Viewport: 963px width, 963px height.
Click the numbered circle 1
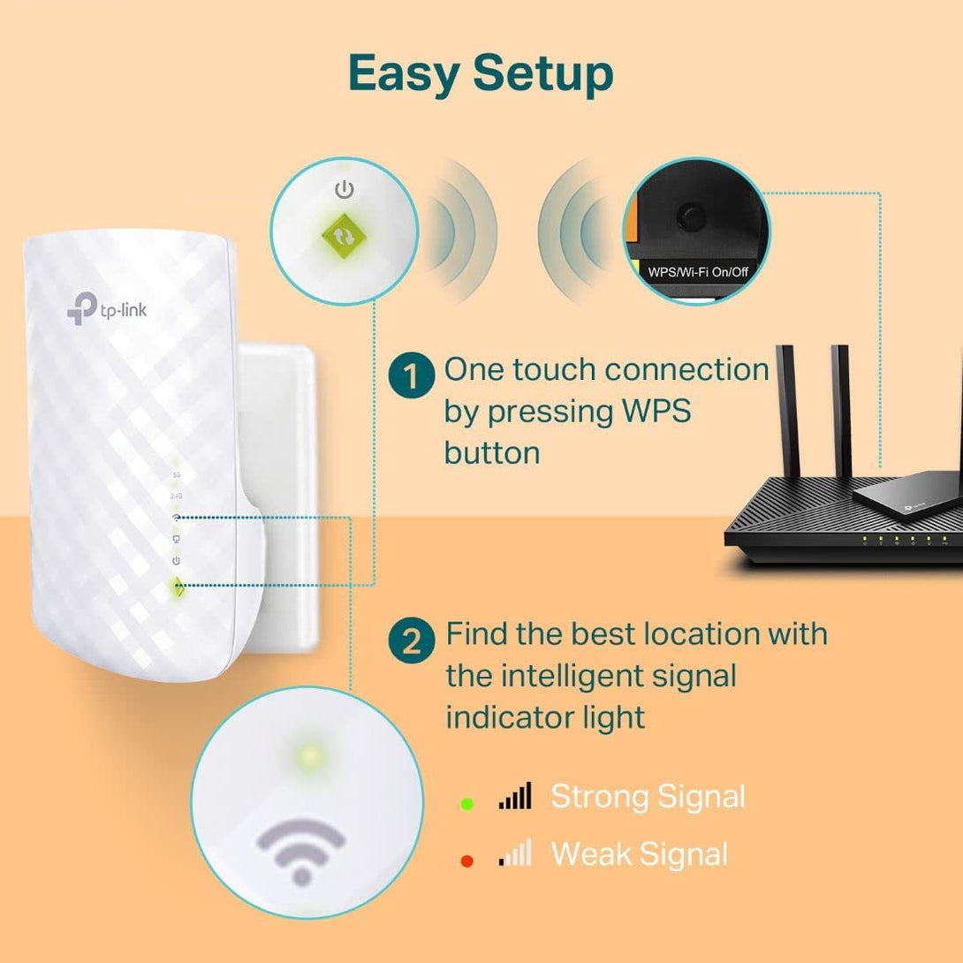[x=411, y=377]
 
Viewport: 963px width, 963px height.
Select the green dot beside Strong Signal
[x=467, y=803]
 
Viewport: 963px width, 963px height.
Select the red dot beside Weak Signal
[x=467, y=861]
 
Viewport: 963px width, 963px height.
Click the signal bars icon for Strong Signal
[x=515, y=797]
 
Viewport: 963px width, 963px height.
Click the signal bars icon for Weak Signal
[x=515, y=853]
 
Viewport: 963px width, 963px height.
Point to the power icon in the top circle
[x=344, y=189]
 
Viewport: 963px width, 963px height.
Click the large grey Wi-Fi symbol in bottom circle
[x=301, y=850]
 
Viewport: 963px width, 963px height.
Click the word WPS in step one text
[x=648, y=412]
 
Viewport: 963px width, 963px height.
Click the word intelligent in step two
[x=583, y=676]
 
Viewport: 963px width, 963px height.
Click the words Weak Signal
[x=639, y=854]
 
